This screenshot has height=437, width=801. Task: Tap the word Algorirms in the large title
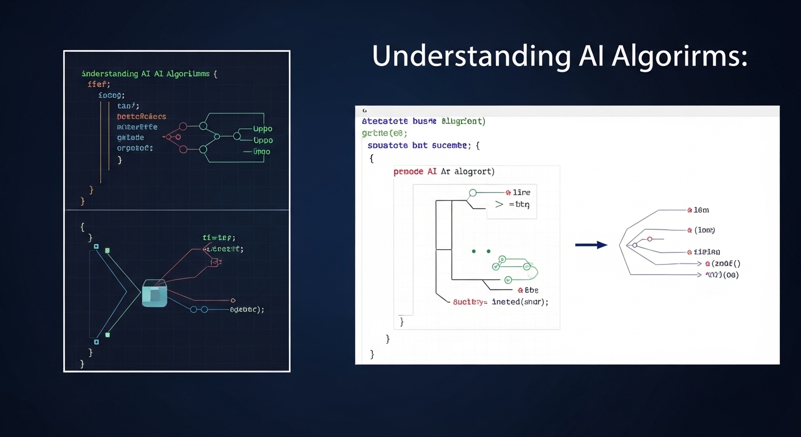[x=680, y=57]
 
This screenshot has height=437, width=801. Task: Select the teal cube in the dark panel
[x=154, y=293]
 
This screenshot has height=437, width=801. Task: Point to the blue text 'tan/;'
[x=128, y=106]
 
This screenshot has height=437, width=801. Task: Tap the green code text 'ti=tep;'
[x=219, y=238]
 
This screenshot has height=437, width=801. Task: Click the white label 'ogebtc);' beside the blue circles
[x=247, y=310]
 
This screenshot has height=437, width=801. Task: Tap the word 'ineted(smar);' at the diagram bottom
[x=520, y=302]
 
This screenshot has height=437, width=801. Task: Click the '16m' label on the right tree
[x=701, y=210]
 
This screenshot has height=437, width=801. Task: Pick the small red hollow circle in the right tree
[x=650, y=239]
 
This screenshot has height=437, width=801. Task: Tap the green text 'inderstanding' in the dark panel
[x=110, y=74]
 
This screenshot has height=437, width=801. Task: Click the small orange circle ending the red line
[x=233, y=300]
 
